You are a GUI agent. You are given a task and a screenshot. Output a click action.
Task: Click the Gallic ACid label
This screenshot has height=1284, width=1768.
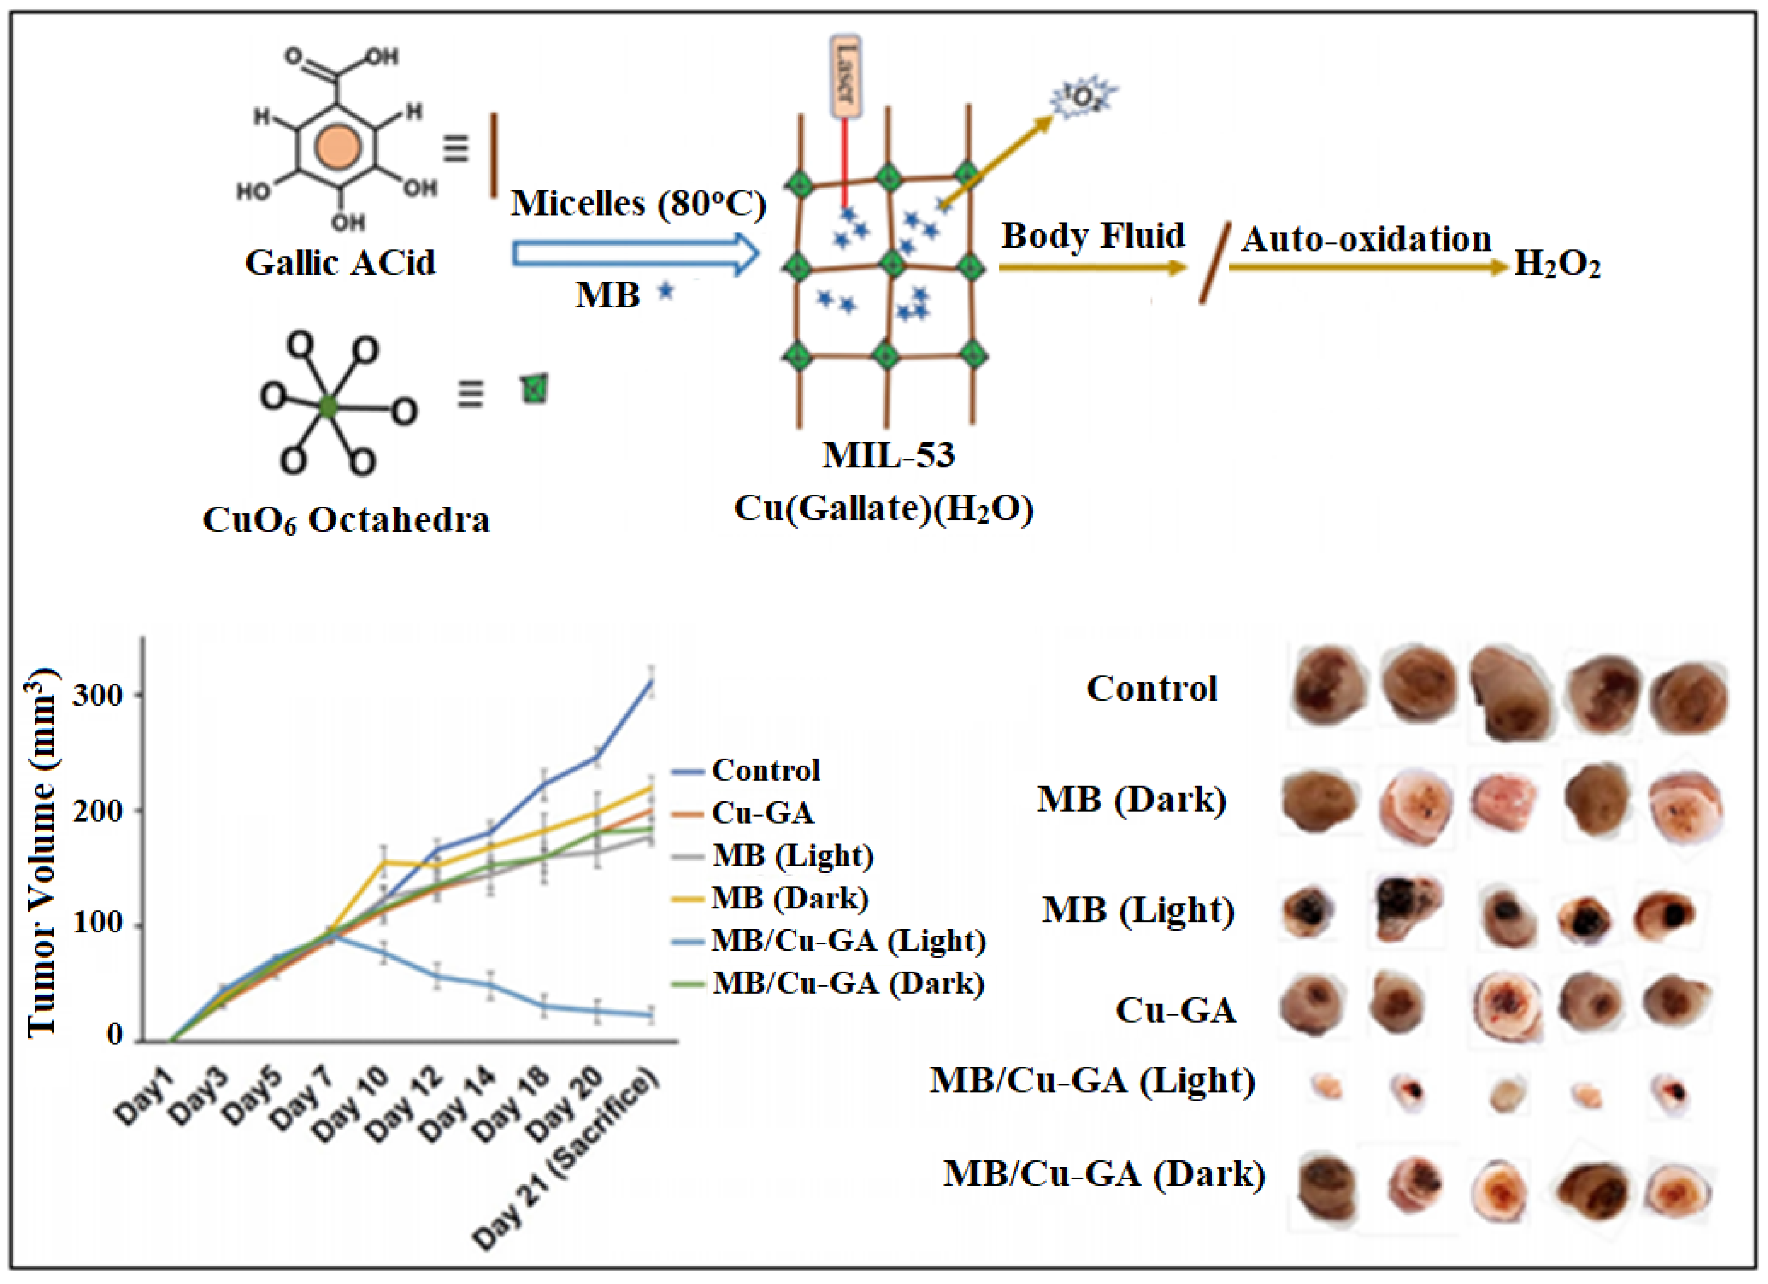pyautogui.click(x=340, y=263)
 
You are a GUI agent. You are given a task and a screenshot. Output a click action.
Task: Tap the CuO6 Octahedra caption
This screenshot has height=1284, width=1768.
pyautogui.click(x=346, y=520)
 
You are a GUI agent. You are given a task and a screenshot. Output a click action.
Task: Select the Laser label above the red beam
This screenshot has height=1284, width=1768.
pyautogui.click(x=846, y=76)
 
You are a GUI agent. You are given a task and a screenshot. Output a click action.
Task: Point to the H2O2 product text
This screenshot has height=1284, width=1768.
pyautogui.click(x=1557, y=265)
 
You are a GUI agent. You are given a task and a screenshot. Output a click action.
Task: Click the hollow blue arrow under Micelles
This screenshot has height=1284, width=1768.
pyautogui.click(x=635, y=254)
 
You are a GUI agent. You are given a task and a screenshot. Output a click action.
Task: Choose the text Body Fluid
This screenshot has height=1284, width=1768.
pyautogui.click(x=1092, y=236)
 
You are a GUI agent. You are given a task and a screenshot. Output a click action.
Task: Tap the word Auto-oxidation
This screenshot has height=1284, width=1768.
pyautogui.click(x=1366, y=240)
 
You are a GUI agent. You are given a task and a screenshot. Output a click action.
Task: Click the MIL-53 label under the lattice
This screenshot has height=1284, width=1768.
pyautogui.click(x=888, y=455)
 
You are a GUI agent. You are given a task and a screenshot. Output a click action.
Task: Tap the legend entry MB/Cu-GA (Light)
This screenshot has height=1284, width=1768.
pyautogui.click(x=848, y=941)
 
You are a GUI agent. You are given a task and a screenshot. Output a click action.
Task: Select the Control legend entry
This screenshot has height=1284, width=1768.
pyautogui.click(x=766, y=770)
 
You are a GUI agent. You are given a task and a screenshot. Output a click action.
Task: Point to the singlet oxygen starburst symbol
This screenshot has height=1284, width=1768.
pyautogui.click(x=1083, y=97)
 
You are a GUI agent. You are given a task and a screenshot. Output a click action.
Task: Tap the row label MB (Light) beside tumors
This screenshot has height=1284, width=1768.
pyautogui.click(x=1138, y=910)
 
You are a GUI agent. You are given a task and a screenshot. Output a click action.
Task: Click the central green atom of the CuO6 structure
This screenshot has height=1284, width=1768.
pyautogui.click(x=328, y=406)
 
